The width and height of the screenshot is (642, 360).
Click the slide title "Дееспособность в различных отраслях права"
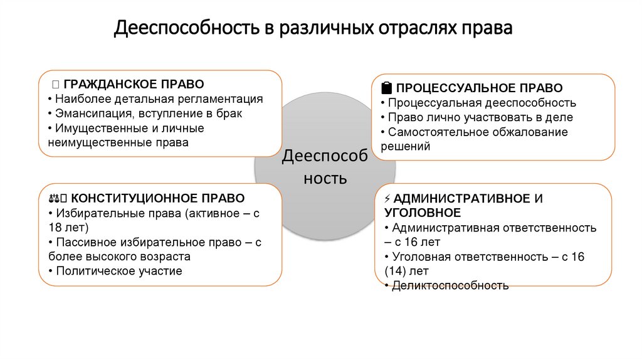(313, 29)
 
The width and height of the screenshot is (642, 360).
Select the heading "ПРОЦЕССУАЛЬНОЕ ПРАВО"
(479, 88)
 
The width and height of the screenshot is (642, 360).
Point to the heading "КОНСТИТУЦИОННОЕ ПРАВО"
(162, 198)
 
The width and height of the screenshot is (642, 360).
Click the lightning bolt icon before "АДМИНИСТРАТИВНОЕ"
(388, 199)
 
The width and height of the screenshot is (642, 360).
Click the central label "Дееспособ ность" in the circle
(325, 167)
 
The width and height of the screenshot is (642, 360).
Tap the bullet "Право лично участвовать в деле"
(480, 117)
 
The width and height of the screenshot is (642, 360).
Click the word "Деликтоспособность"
(450, 286)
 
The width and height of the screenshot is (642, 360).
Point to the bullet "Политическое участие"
(118, 271)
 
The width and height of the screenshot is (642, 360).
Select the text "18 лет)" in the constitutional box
(68, 227)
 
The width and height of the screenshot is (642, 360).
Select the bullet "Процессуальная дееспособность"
(481, 103)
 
